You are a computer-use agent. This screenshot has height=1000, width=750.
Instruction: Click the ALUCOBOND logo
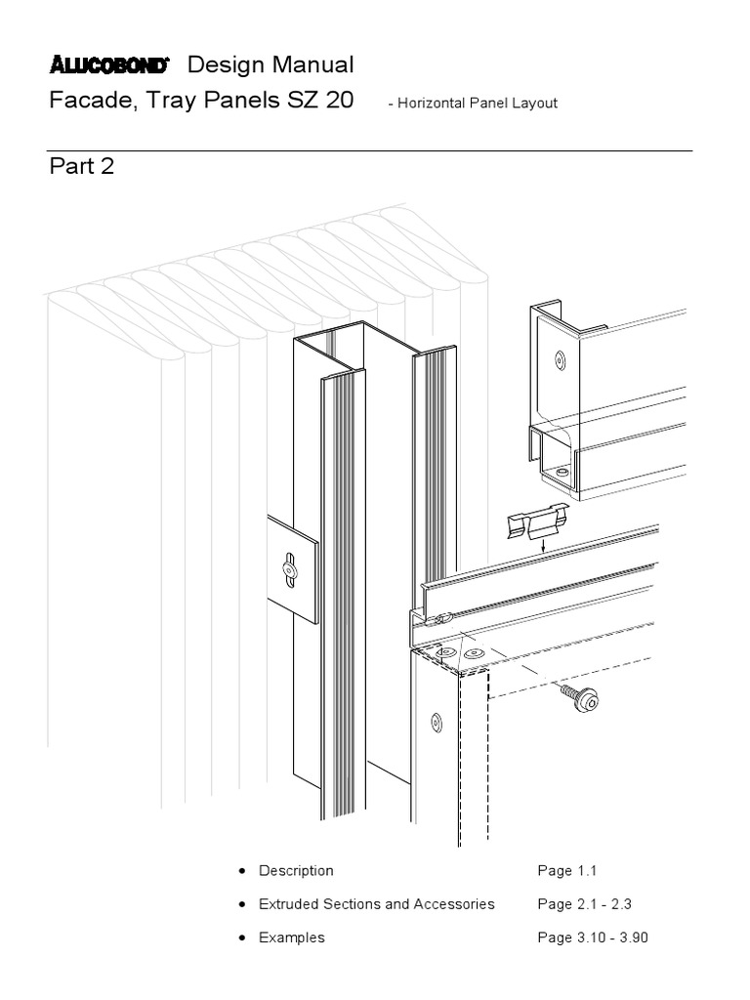pyautogui.click(x=109, y=66)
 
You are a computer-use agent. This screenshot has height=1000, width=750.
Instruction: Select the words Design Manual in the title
pyautogui.click(x=271, y=65)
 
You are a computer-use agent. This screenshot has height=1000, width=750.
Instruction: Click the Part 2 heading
pyautogui.click(x=82, y=166)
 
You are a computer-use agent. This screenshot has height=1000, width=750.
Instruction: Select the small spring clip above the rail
pyautogui.click(x=536, y=525)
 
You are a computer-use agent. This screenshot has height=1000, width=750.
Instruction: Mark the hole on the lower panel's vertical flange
pyautogui.click(x=436, y=722)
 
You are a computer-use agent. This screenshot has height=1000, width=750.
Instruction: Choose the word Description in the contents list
pyautogui.click(x=296, y=870)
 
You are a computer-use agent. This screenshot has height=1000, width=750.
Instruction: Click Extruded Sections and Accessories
pyautogui.click(x=376, y=904)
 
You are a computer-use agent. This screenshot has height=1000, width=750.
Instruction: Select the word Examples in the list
pyautogui.click(x=291, y=937)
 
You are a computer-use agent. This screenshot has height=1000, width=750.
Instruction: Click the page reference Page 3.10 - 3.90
pyautogui.click(x=592, y=937)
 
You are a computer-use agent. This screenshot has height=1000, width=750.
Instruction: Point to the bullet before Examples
pyautogui.click(x=241, y=937)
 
